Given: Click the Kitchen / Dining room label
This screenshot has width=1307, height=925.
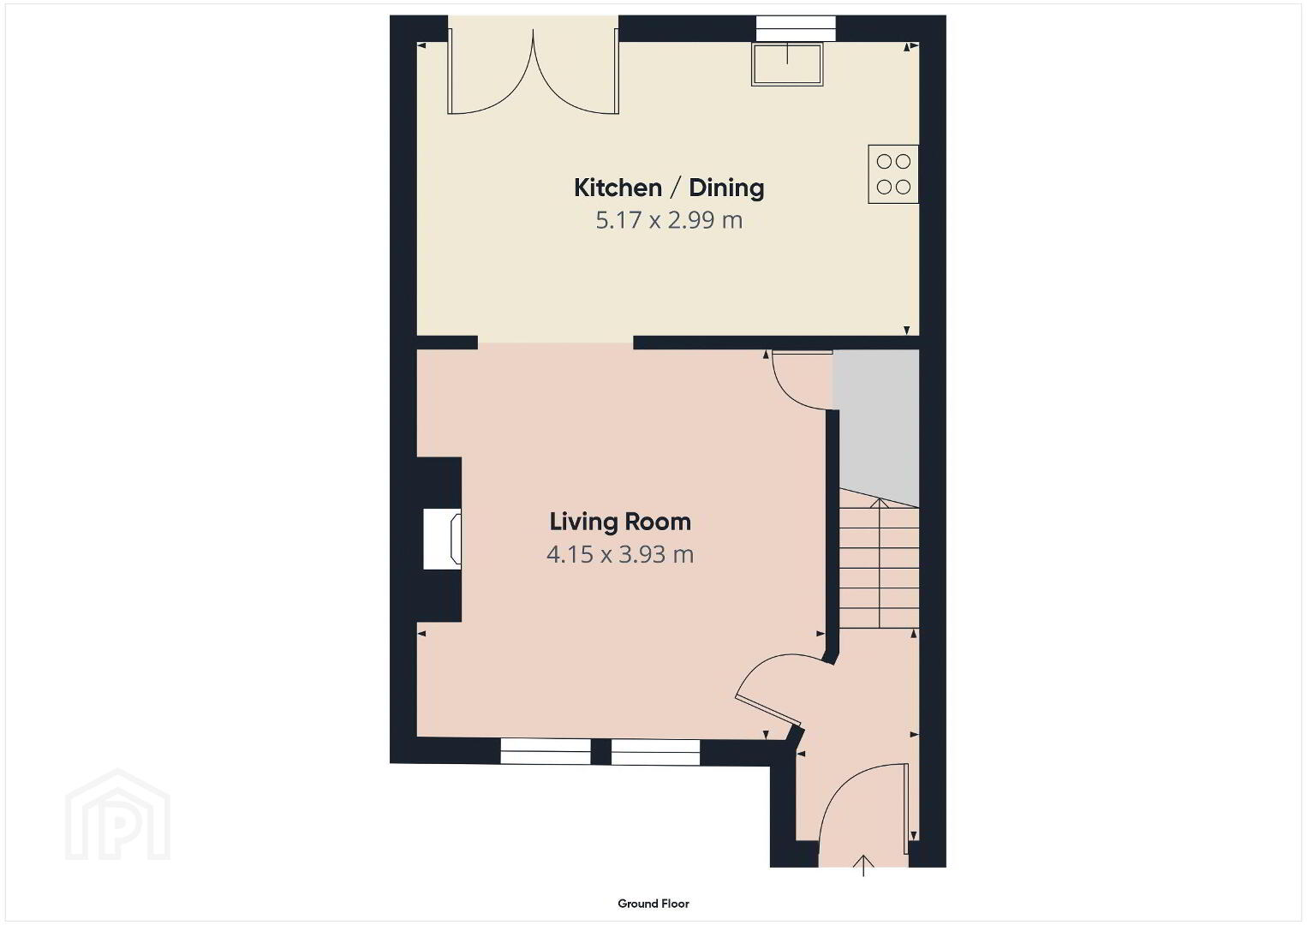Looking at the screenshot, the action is pyautogui.click(x=669, y=188).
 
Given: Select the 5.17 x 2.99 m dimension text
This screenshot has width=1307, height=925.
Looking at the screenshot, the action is pyautogui.click(x=669, y=220).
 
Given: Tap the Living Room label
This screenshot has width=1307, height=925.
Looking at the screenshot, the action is pyautogui.click(x=619, y=522).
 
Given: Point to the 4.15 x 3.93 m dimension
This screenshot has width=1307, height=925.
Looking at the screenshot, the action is pyautogui.click(x=619, y=554).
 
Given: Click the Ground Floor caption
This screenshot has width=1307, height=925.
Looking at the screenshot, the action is pyautogui.click(x=653, y=904).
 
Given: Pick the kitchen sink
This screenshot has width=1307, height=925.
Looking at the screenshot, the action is pyautogui.click(x=787, y=64).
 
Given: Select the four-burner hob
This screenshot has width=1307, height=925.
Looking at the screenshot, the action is pyautogui.click(x=892, y=174).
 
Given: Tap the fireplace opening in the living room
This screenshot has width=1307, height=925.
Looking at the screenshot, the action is pyautogui.click(x=442, y=539).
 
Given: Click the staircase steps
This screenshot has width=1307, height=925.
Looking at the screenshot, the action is pyautogui.click(x=879, y=564).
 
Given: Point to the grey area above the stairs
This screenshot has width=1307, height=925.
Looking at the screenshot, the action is pyautogui.click(x=876, y=426).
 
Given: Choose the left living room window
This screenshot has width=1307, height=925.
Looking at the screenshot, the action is pyautogui.click(x=545, y=752).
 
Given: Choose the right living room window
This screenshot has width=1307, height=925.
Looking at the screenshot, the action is pyautogui.click(x=655, y=752).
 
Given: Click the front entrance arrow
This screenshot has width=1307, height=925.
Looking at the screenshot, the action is pyautogui.click(x=863, y=866).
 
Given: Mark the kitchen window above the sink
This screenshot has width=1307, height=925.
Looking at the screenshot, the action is pyautogui.click(x=796, y=28).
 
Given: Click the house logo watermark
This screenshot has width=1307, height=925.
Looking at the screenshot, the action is pyautogui.click(x=117, y=815).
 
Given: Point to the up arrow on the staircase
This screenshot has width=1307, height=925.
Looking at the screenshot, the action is pyautogui.click(x=880, y=564).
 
